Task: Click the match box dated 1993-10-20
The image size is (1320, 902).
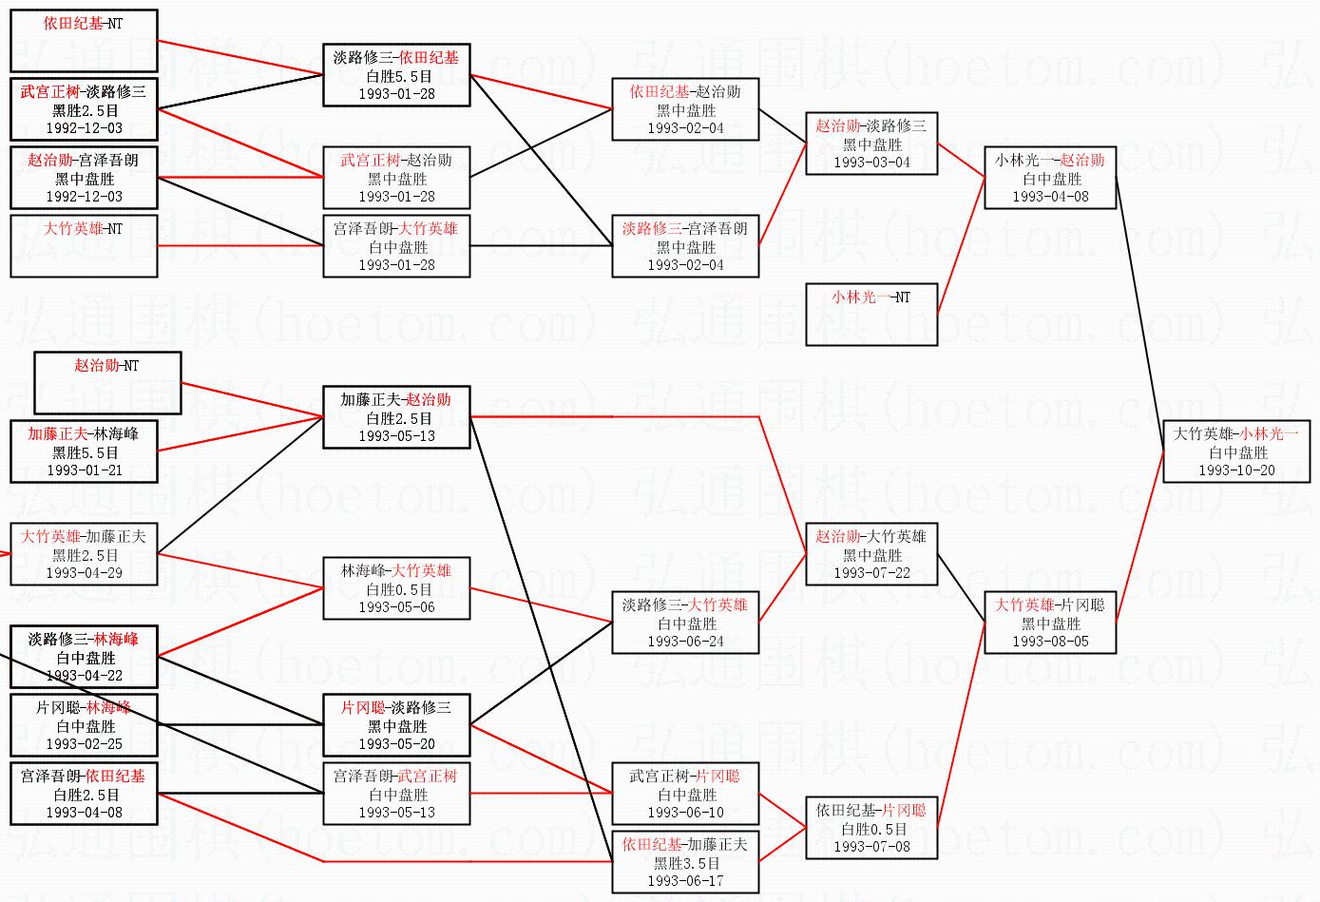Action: click(1236, 451)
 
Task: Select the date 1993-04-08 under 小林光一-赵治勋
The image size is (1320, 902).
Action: click(1050, 197)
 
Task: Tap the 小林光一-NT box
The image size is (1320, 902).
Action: click(871, 314)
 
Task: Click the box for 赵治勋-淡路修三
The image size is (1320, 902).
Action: click(871, 144)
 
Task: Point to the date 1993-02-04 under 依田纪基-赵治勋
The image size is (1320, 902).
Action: click(685, 128)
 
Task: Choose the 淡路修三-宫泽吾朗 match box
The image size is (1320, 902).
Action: click(685, 246)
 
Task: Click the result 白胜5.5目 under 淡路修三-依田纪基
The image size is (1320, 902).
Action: click(396, 76)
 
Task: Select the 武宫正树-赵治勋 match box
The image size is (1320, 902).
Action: click(396, 178)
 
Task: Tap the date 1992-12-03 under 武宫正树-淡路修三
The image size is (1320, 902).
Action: click(84, 128)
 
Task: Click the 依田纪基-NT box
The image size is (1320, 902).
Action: click(84, 41)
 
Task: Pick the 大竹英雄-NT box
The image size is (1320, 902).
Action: click(84, 246)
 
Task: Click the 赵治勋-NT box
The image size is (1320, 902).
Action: click(107, 383)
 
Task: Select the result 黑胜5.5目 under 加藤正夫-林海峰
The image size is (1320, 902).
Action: click(84, 452)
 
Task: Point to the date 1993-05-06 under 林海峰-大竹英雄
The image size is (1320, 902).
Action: click(396, 607)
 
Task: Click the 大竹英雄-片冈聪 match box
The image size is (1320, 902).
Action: click(1050, 623)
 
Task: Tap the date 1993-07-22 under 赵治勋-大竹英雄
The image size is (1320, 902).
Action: click(871, 573)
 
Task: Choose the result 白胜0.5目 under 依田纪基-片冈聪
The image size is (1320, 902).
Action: click(871, 829)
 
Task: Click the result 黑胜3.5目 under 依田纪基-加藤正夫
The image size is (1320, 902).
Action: click(685, 863)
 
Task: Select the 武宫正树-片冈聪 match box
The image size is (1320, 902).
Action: click(685, 794)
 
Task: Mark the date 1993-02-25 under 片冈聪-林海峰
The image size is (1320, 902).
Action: click(84, 744)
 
